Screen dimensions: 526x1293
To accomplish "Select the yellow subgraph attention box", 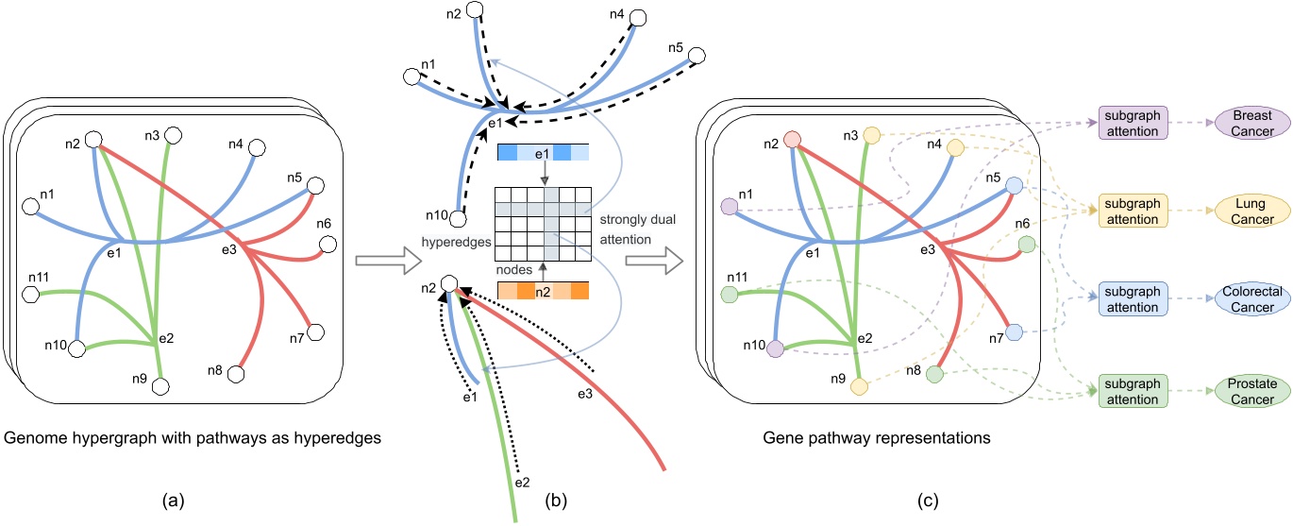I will click(x=1133, y=211).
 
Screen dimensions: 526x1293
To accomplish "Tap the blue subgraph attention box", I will click(x=1133, y=299).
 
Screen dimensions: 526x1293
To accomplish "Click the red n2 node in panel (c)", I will click(x=792, y=141).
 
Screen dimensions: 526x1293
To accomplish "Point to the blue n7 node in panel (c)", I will click(x=1014, y=332).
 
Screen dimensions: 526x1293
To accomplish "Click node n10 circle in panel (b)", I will click(x=458, y=219).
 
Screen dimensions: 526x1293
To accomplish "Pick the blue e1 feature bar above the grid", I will click(x=543, y=154).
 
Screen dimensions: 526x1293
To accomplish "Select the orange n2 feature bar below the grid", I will click(x=543, y=292).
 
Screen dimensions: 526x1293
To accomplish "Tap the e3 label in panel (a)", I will click(x=227, y=249).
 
